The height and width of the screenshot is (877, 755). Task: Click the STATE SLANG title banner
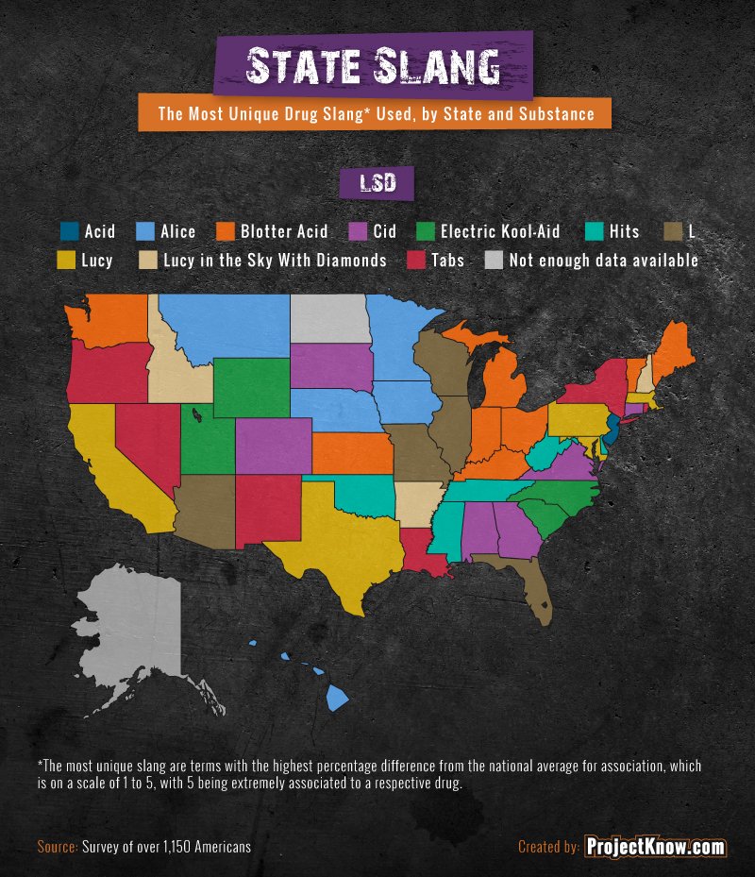(373, 65)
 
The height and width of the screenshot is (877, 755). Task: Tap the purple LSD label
(376, 184)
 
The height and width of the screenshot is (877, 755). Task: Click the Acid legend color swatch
(68, 231)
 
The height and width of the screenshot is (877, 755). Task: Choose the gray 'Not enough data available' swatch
(493, 260)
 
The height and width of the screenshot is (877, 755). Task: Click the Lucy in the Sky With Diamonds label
(275, 260)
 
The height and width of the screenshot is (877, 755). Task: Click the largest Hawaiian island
(337, 699)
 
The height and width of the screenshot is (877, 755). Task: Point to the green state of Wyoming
(251, 387)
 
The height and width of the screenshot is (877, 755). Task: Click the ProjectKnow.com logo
(654, 847)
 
